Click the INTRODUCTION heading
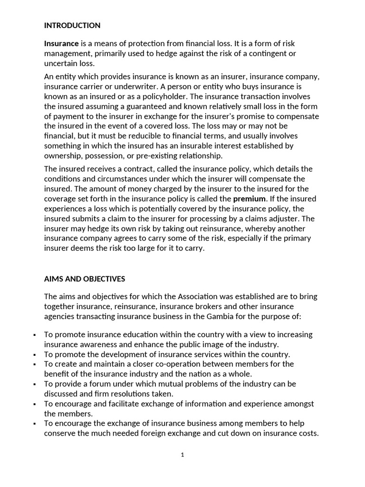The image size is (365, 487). [x=72, y=25]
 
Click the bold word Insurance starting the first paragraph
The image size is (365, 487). [x=61, y=43]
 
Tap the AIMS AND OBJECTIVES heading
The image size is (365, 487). [x=85, y=279]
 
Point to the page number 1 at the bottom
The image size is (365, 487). [x=182, y=455]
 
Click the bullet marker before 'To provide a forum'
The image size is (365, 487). [x=35, y=384]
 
